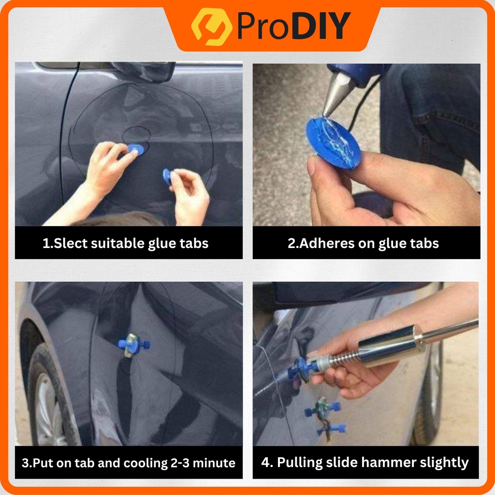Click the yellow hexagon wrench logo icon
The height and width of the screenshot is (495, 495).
[212, 27]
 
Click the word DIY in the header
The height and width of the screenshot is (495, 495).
[321, 26]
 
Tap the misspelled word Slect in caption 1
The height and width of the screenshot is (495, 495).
[71, 244]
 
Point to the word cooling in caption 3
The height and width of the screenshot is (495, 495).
[146, 463]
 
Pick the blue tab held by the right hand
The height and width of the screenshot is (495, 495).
[167, 177]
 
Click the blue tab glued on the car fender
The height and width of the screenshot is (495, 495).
[133, 345]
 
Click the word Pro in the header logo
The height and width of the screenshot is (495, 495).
[262, 26]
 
